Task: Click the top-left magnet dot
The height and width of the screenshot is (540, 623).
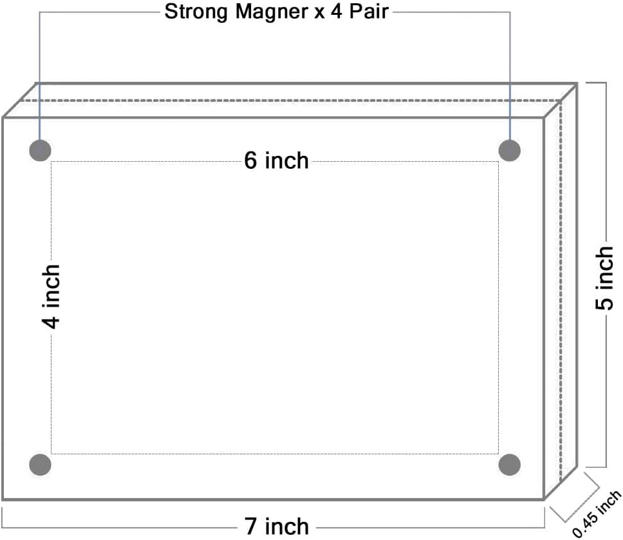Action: click(40, 151)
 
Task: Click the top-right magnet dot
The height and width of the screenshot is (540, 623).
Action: click(510, 151)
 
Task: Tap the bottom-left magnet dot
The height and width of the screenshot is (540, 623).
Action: click(40, 464)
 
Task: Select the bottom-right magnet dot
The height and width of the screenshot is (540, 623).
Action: click(510, 464)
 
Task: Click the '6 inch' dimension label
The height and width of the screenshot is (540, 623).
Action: click(276, 160)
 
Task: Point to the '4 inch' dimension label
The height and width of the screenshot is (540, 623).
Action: click(52, 296)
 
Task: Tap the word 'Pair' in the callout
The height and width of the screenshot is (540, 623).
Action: click(369, 12)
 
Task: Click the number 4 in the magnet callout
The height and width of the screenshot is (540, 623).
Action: click(337, 12)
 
